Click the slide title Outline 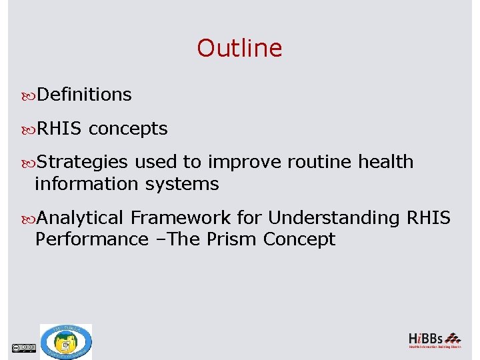pos(239,48)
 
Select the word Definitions pos(84,95)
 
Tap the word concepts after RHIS pos(128,129)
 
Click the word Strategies pos(82,162)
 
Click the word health pos(385,162)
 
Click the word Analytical pos(81,218)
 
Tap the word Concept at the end pos(299,239)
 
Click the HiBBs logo pos(434,340)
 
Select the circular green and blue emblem pos(65,341)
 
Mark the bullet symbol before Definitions pos(30,95)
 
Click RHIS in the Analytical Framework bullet pos(427,218)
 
